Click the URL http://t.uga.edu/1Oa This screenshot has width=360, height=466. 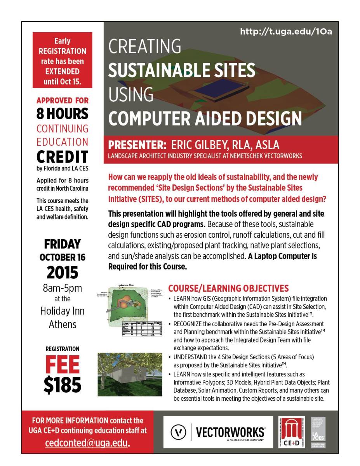286,31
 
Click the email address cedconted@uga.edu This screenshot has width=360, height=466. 87,443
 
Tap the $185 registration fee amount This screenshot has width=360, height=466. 62,385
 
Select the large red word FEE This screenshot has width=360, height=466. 62,365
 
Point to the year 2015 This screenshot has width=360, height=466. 62,273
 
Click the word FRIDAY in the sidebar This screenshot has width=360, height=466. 62,244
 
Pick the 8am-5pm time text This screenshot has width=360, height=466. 62,288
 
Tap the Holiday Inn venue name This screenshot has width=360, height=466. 62,311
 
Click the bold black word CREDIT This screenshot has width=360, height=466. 62,156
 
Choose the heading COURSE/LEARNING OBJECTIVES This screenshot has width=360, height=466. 228,288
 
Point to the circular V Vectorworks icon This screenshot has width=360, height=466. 177,432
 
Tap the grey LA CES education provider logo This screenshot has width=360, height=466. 318,432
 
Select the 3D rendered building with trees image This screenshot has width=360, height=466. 130,374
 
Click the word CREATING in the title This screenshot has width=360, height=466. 144,47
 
